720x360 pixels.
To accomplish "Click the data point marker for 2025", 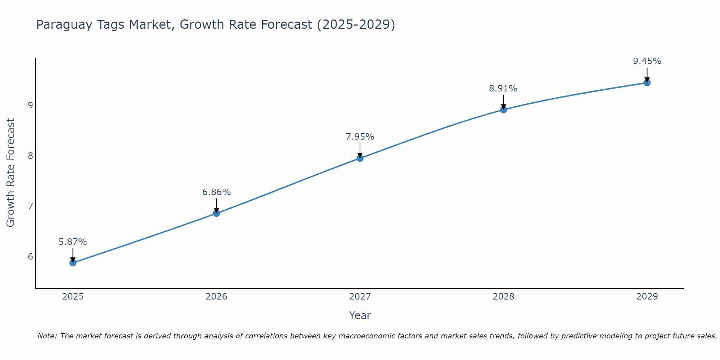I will point(73,263).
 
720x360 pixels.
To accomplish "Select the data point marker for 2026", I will point(216,213).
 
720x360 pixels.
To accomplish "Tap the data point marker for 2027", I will point(360,158).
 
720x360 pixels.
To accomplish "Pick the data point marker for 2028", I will point(504,109).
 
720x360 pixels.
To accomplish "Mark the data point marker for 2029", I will point(647,83).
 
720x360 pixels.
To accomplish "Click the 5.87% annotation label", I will point(73,242).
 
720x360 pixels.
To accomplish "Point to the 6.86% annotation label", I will point(216,192).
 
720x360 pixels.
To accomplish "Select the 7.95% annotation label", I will point(360,137).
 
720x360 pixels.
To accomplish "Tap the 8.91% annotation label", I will point(503,89).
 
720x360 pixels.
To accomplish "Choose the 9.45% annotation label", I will point(647,61).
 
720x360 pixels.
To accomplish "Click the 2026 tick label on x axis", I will point(216,297).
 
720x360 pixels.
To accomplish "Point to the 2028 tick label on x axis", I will point(504,297).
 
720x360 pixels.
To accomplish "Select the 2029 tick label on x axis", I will point(647,297).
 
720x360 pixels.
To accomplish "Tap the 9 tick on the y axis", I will point(30,105).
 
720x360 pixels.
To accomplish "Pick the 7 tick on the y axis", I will point(30,206).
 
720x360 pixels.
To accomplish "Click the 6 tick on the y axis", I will point(30,256).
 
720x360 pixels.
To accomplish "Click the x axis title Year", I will point(360,315).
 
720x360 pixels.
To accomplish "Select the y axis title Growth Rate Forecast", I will point(10,173).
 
